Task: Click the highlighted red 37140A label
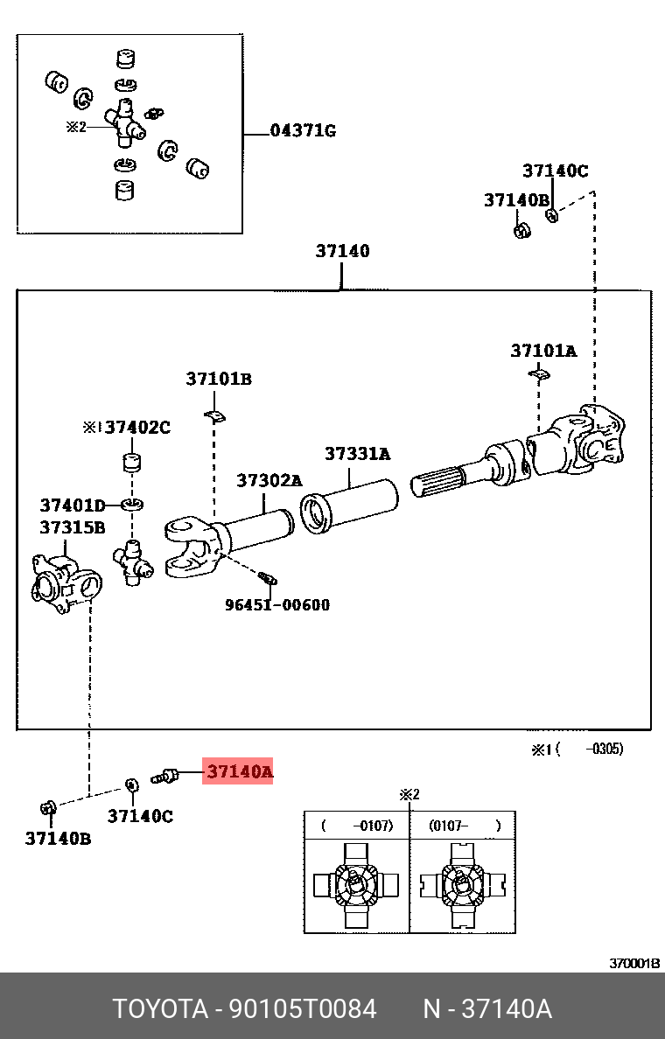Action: pos(238,771)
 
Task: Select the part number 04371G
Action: pos(302,131)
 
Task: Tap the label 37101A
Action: pos(543,351)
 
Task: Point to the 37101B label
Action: pos(218,379)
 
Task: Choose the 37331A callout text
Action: pos(357,454)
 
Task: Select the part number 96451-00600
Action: pos(276,604)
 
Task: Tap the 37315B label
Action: pos(72,527)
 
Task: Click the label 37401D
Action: pos(72,505)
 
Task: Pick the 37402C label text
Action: pos(137,428)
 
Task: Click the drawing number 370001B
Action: pos(634,963)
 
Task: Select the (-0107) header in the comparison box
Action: pos(357,825)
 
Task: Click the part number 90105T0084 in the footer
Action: pos(302,1009)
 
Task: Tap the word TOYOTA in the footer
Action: pos(158,1009)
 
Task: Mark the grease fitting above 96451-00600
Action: pos(267,576)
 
